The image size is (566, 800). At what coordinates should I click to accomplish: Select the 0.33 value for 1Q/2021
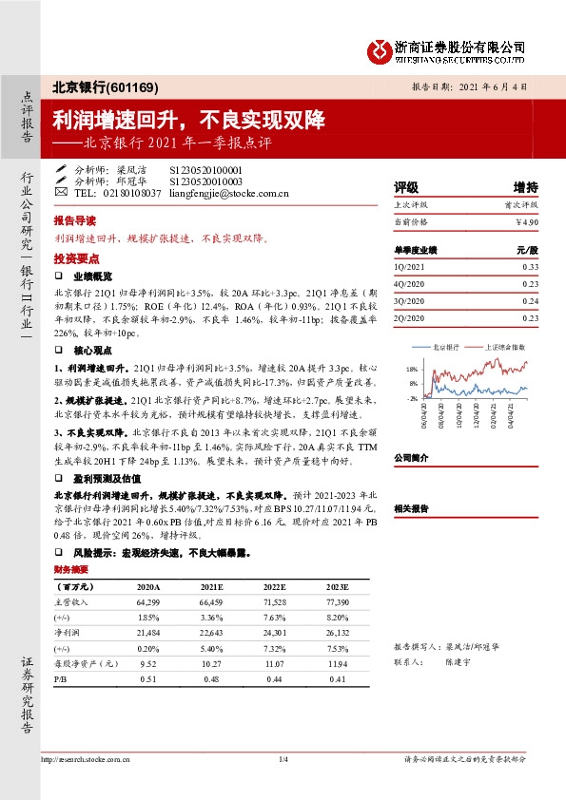click(530, 267)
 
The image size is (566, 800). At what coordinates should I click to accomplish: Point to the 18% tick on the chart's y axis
click(411, 368)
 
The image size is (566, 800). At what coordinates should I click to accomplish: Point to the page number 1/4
click(283, 759)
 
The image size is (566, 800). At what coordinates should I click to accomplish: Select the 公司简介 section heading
click(412, 458)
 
